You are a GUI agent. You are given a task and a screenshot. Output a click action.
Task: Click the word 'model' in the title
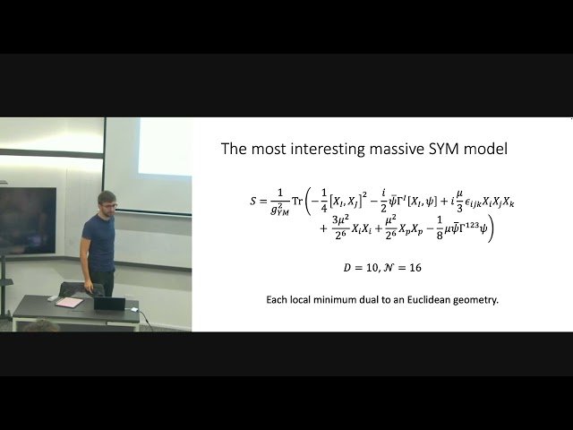point(485,149)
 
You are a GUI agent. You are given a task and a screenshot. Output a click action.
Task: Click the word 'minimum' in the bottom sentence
point(341,299)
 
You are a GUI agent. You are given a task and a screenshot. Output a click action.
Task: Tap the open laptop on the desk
point(109,303)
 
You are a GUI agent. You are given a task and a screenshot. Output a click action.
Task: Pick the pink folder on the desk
point(69,302)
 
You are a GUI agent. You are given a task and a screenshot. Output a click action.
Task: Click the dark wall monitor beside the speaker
point(27,219)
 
